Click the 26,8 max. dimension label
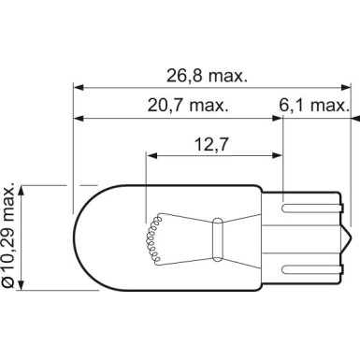click(x=207, y=76)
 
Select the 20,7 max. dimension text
click(x=188, y=106)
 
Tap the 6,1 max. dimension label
click(x=313, y=106)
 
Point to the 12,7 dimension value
click(x=212, y=144)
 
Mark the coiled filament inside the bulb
click(x=153, y=239)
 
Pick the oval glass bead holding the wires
click(x=217, y=239)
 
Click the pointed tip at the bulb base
click(x=351, y=239)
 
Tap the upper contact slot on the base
click(x=311, y=209)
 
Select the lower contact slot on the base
click(x=311, y=270)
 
